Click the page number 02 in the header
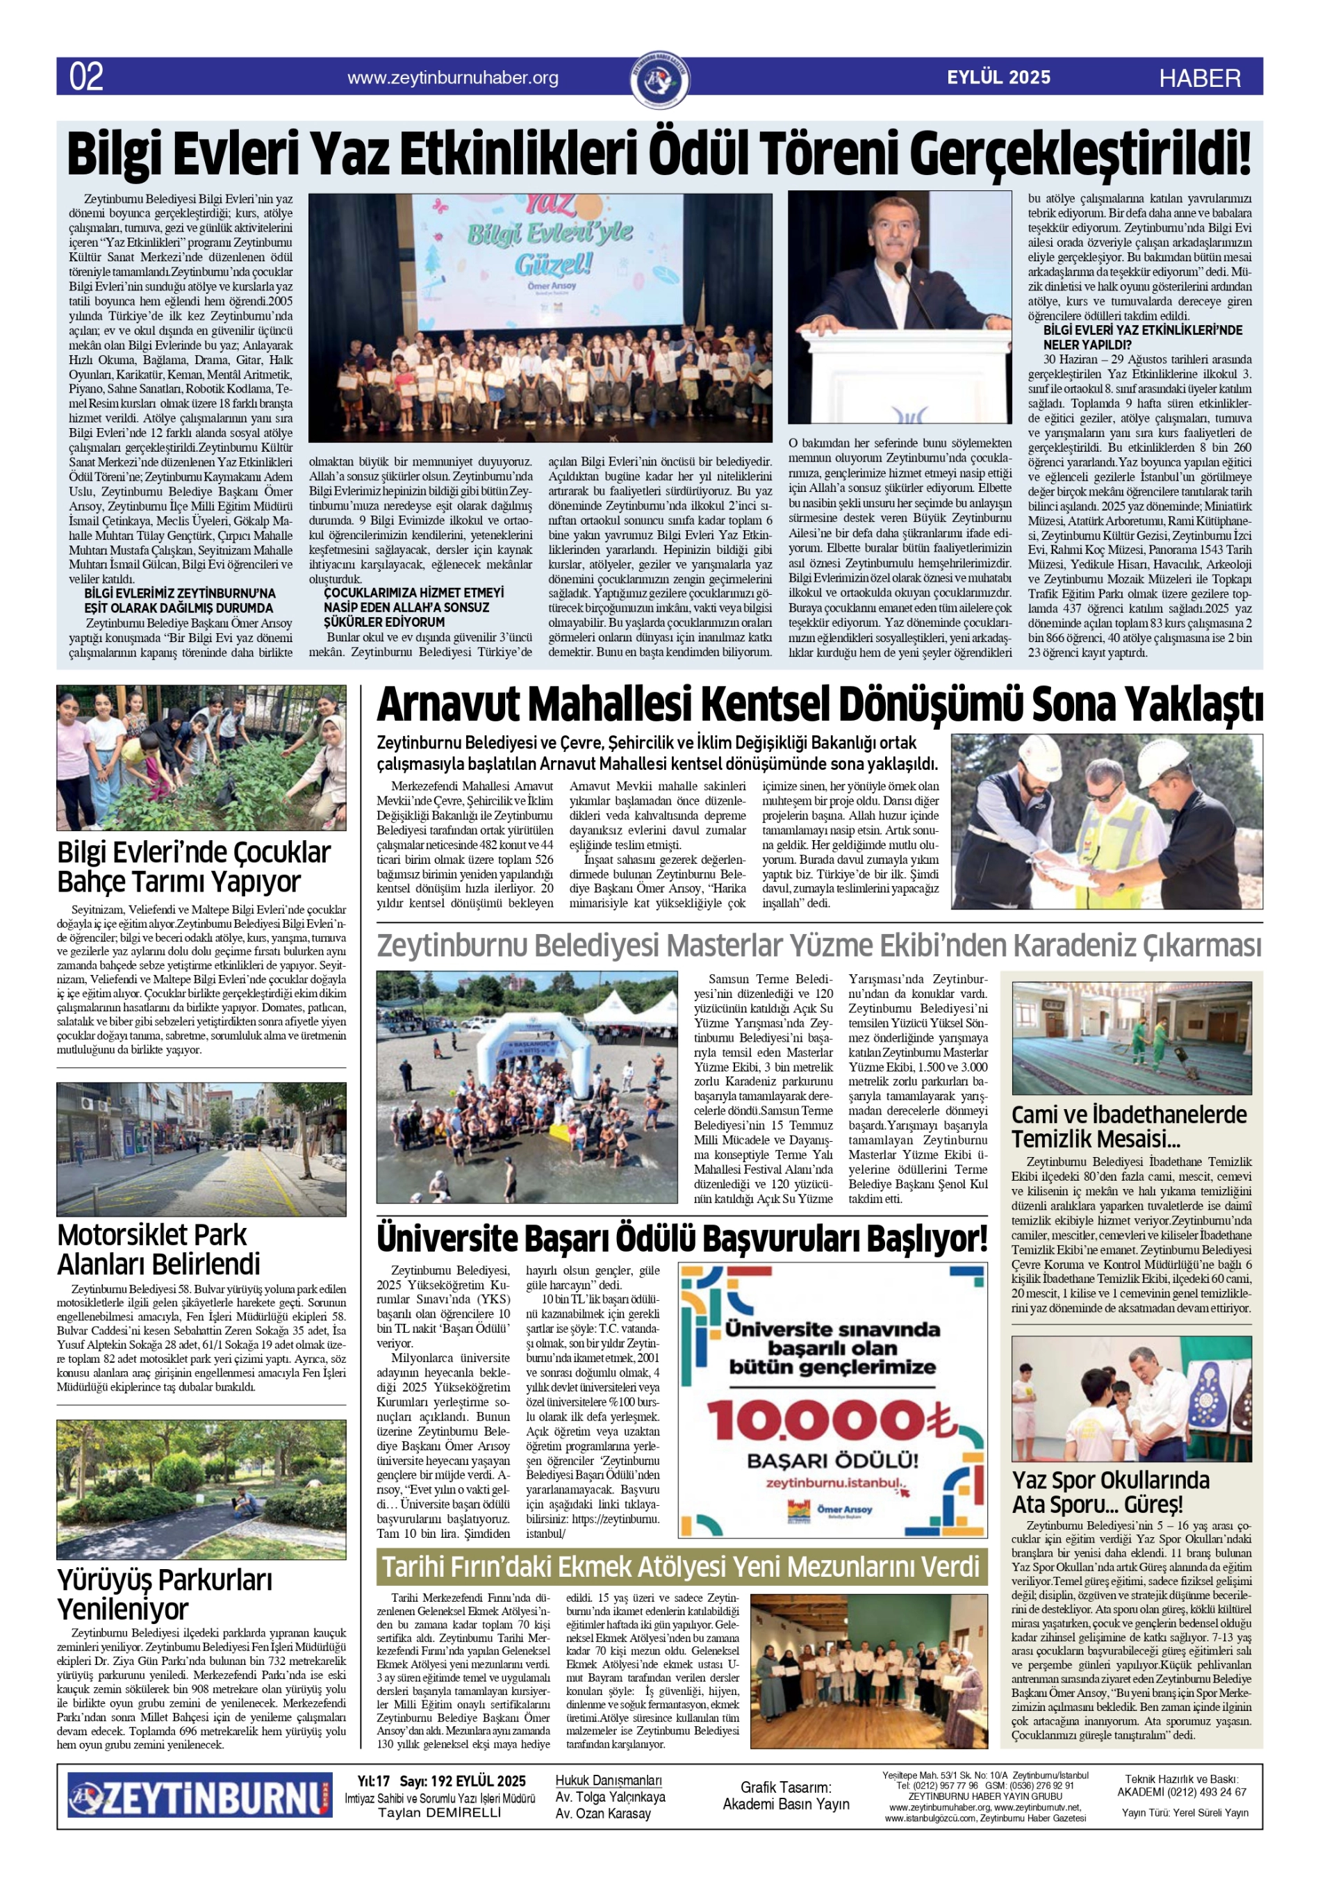86,76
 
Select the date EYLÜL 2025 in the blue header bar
998,77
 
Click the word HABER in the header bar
1199,78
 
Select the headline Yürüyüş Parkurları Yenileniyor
164,1593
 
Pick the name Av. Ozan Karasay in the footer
603,1814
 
